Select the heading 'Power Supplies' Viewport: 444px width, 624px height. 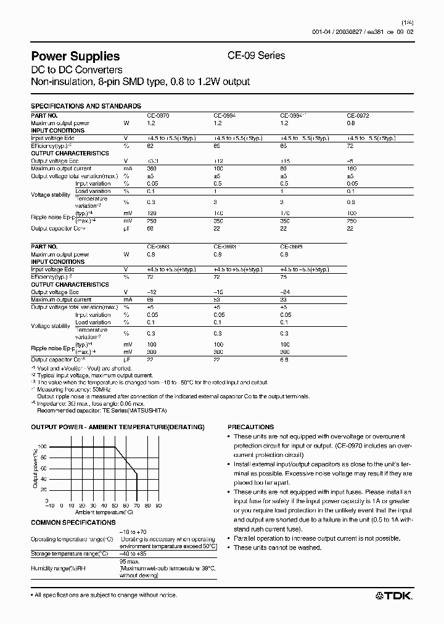75,56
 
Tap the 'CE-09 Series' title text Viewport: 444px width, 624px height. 257,55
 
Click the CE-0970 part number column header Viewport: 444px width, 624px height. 158,115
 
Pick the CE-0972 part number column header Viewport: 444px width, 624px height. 358,115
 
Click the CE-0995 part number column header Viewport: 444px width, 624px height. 292,247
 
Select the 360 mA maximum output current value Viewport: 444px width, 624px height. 152,168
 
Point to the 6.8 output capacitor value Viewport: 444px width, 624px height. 284,359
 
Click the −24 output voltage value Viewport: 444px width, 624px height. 284,292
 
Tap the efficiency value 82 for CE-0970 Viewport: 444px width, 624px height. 150,146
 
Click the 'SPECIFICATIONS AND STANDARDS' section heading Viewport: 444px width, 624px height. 86,106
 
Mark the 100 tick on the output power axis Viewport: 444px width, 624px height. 43,446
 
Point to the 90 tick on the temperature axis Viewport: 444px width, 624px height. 158,505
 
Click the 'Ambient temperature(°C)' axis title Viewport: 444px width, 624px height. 104,512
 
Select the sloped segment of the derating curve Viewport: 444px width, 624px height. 126,460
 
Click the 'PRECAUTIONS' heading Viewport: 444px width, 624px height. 250,427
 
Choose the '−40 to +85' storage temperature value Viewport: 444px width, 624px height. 135,554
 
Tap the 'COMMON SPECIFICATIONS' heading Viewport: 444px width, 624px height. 73,522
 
